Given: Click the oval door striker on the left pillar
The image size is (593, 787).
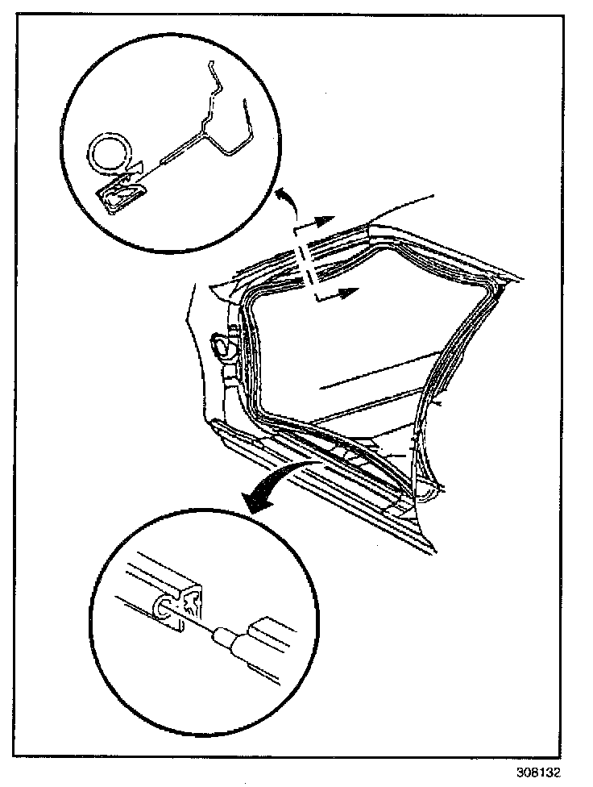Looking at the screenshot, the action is click(218, 345).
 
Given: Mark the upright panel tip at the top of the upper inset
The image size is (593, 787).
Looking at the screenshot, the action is click(210, 65).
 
